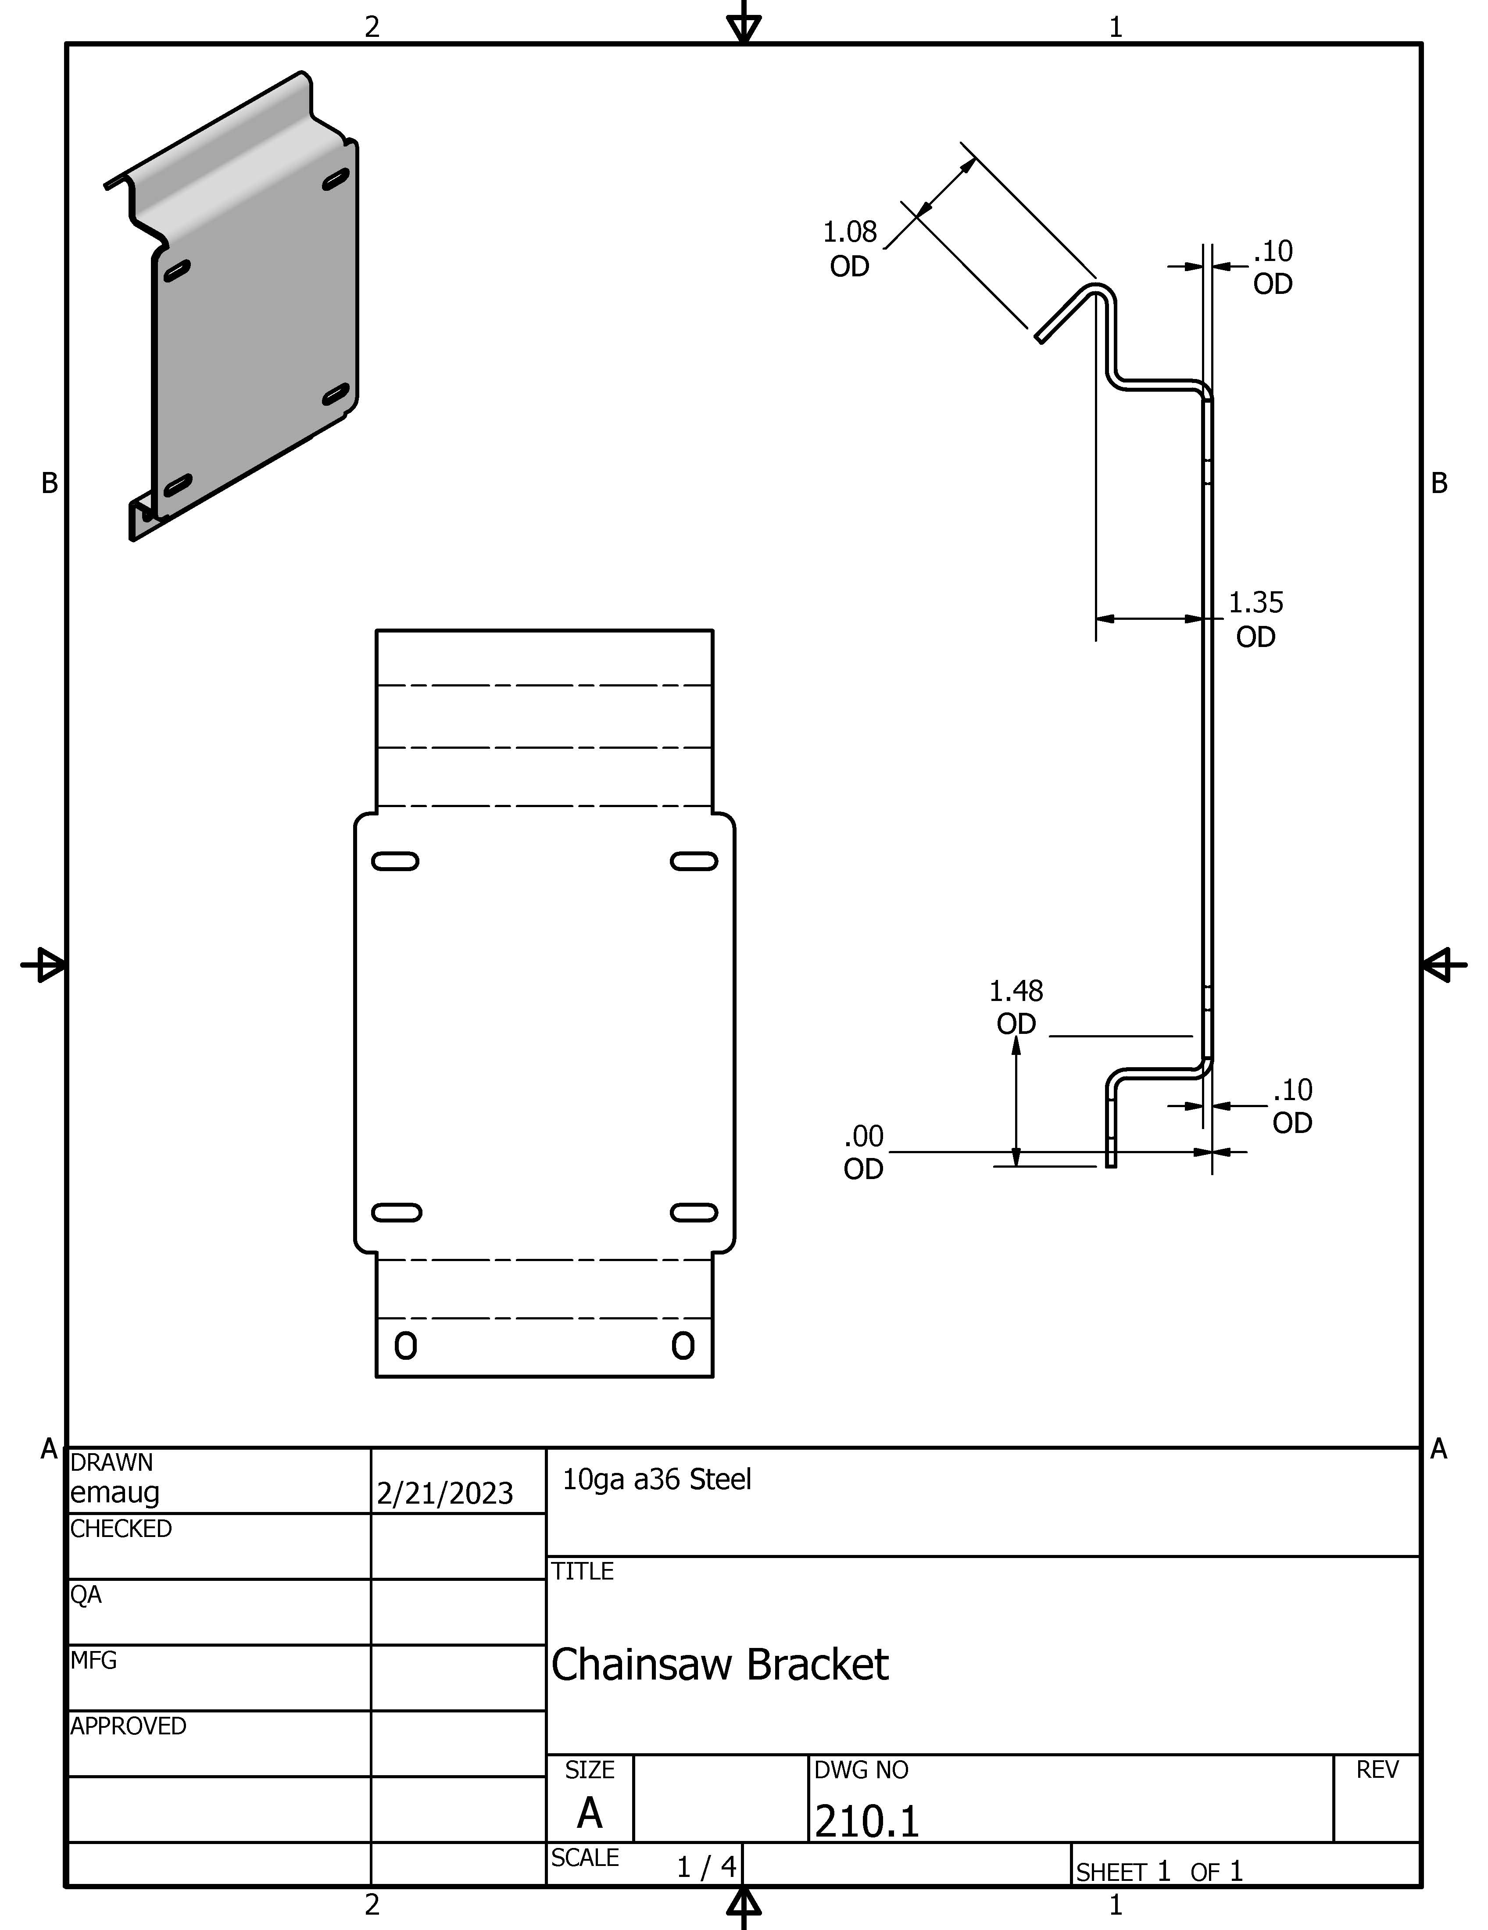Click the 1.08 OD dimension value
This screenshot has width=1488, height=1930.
pos(850,248)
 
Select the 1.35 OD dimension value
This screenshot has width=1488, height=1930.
pos(1255,619)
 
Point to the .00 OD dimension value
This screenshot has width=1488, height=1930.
pos(863,1152)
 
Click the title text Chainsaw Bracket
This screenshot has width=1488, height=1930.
pos(719,1665)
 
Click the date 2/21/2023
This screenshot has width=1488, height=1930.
pos(444,1494)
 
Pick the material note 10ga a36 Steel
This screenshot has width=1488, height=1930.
pos(657,1480)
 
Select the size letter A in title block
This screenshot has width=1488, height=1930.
pos(590,1813)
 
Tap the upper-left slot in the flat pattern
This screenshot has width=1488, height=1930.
pos(395,861)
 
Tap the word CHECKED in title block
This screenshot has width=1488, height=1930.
pos(121,1529)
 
